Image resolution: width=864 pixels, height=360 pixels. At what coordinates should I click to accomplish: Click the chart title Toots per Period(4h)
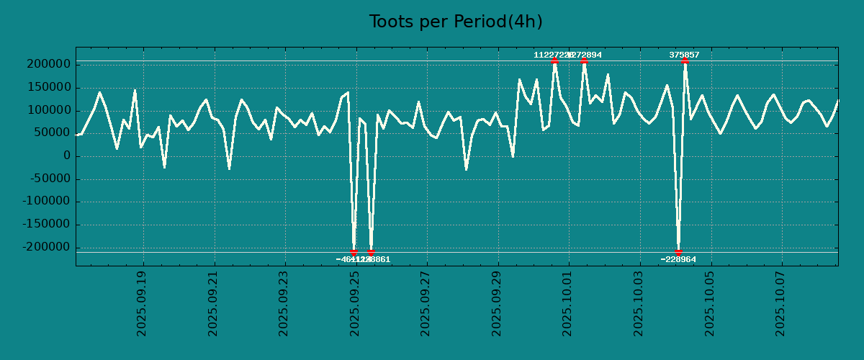tap(456, 22)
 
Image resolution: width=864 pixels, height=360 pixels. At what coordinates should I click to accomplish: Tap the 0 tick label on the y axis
tap(67, 156)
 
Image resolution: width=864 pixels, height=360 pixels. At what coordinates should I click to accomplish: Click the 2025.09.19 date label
tap(142, 303)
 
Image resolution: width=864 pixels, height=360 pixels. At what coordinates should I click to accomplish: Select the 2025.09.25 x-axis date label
tap(355, 303)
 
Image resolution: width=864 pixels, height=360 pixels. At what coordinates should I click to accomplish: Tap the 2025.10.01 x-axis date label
tap(568, 303)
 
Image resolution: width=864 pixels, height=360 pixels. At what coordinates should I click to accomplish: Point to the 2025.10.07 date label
tap(781, 303)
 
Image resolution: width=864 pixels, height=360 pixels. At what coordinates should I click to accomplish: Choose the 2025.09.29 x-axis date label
tap(497, 303)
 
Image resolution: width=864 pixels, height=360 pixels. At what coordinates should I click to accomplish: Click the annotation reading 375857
tap(684, 55)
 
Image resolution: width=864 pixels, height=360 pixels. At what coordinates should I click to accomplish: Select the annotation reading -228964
tap(678, 259)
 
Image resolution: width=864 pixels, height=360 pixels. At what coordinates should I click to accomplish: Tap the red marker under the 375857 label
tap(685, 61)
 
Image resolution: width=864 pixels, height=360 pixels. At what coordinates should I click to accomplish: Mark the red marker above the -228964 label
tap(678, 252)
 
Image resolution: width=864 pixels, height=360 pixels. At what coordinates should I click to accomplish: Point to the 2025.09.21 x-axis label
tap(213, 303)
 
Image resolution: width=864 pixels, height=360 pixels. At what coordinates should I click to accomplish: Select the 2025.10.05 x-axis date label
tap(710, 303)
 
